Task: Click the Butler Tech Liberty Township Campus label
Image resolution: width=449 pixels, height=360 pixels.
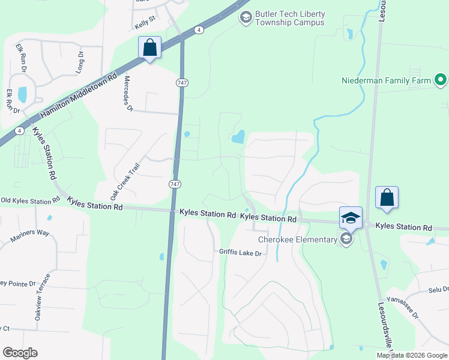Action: pos(289,18)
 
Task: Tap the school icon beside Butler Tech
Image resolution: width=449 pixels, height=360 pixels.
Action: pos(245,18)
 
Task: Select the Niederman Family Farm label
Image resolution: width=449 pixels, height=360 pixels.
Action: pos(386,80)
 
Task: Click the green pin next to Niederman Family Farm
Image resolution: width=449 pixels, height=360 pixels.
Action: pos(441,79)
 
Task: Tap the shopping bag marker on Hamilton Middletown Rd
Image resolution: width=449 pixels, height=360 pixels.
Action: pos(149,47)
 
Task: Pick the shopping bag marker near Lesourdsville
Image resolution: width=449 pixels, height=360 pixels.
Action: pos(387,197)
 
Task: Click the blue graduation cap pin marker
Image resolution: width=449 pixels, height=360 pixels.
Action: pos(351,217)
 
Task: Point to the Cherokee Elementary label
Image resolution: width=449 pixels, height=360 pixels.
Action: pos(298,239)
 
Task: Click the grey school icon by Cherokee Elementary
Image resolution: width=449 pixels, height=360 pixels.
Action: pos(346,239)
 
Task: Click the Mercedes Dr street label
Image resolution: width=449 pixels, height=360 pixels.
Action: pos(127,94)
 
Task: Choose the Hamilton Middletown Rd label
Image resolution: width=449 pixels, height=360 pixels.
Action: pos(78,97)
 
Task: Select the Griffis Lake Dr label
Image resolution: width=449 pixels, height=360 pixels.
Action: pos(241,253)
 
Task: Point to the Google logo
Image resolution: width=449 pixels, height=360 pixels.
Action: pos(20,352)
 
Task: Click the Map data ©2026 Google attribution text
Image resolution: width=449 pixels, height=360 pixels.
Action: pos(412,355)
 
